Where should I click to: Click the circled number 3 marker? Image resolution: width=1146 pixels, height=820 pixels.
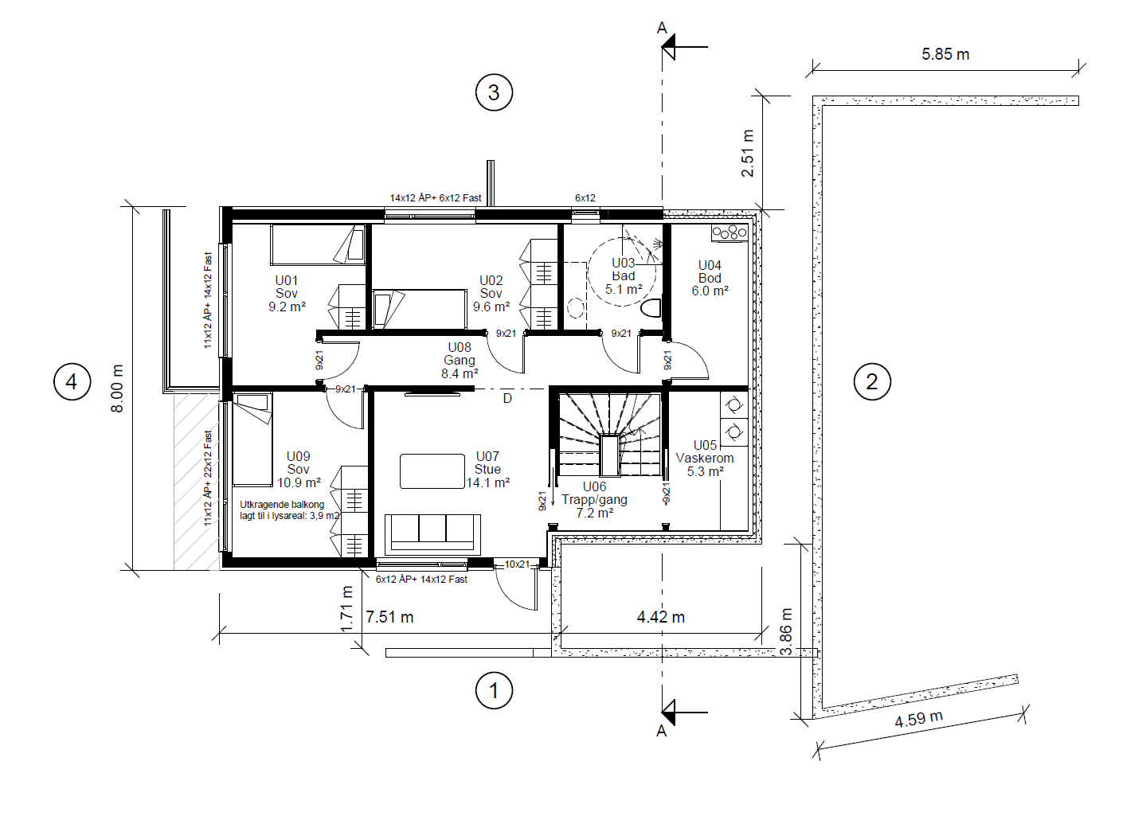point(494,92)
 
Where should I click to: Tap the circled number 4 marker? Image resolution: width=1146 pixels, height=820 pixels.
point(72,381)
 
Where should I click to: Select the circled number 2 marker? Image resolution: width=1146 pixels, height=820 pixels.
point(872,381)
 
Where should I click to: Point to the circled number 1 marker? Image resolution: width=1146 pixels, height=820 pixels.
point(494,690)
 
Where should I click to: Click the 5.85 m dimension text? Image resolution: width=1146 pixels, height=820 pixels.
point(945,54)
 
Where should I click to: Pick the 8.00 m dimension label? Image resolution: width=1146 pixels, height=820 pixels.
point(117,389)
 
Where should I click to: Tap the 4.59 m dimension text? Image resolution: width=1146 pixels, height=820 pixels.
point(919,719)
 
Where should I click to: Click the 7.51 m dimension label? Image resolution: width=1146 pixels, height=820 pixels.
point(389,617)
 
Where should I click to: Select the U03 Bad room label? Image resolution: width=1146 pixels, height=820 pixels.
point(624,276)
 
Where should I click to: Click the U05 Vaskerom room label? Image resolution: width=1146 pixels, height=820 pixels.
point(705,459)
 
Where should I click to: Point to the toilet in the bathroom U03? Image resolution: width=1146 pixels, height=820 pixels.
point(651,308)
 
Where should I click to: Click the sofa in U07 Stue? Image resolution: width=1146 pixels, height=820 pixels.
point(432,534)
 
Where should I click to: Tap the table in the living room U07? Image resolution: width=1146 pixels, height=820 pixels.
point(432,471)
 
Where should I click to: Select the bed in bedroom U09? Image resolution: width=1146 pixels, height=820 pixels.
point(252,439)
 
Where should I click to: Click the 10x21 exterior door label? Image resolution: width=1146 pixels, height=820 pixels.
point(517,564)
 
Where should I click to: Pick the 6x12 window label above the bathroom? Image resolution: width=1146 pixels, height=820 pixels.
point(585,198)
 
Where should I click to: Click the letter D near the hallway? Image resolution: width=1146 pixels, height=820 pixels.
point(507,398)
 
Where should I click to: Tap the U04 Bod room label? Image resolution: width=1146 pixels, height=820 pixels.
point(710,279)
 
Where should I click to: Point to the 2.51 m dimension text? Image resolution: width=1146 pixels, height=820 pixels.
point(748,154)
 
